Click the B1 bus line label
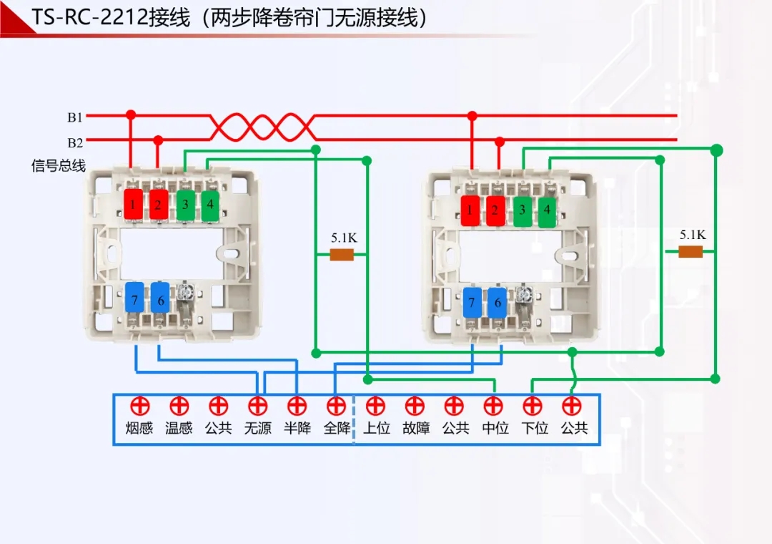pyautogui.click(x=75, y=117)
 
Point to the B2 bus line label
pyautogui.click(x=75, y=142)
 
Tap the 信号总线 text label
pyautogui.click(x=58, y=166)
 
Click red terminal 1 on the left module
pyautogui.click(x=133, y=205)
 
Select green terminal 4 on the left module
pyautogui.click(x=210, y=205)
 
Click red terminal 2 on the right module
pyautogui.click(x=495, y=210)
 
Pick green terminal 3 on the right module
pyautogui.click(x=523, y=210)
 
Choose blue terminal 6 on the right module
pyautogui.click(x=497, y=303)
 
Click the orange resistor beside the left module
pyautogui.click(x=342, y=255)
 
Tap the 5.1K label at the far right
pyautogui.click(x=692, y=235)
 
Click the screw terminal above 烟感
pyautogui.click(x=139, y=407)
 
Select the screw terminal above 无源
pyautogui.click(x=257, y=407)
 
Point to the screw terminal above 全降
pyautogui.click(x=336, y=407)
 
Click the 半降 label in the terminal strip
pyautogui.click(x=297, y=429)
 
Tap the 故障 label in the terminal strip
pyautogui.click(x=415, y=429)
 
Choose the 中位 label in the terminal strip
pyautogui.click(x=495, y=429)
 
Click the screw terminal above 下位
pyautogui.click(x=533, y=407)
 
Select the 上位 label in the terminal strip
pyautogui.click(x=376, y=429)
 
